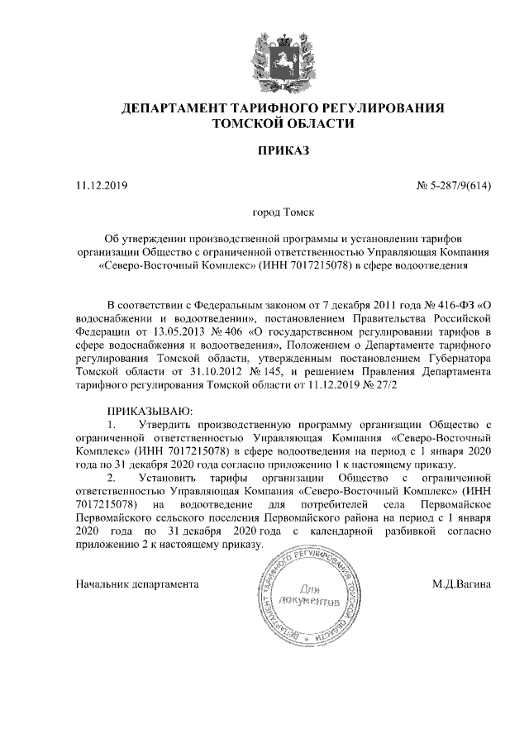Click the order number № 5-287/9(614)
(454, 184)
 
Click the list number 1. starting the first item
(113, 425)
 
